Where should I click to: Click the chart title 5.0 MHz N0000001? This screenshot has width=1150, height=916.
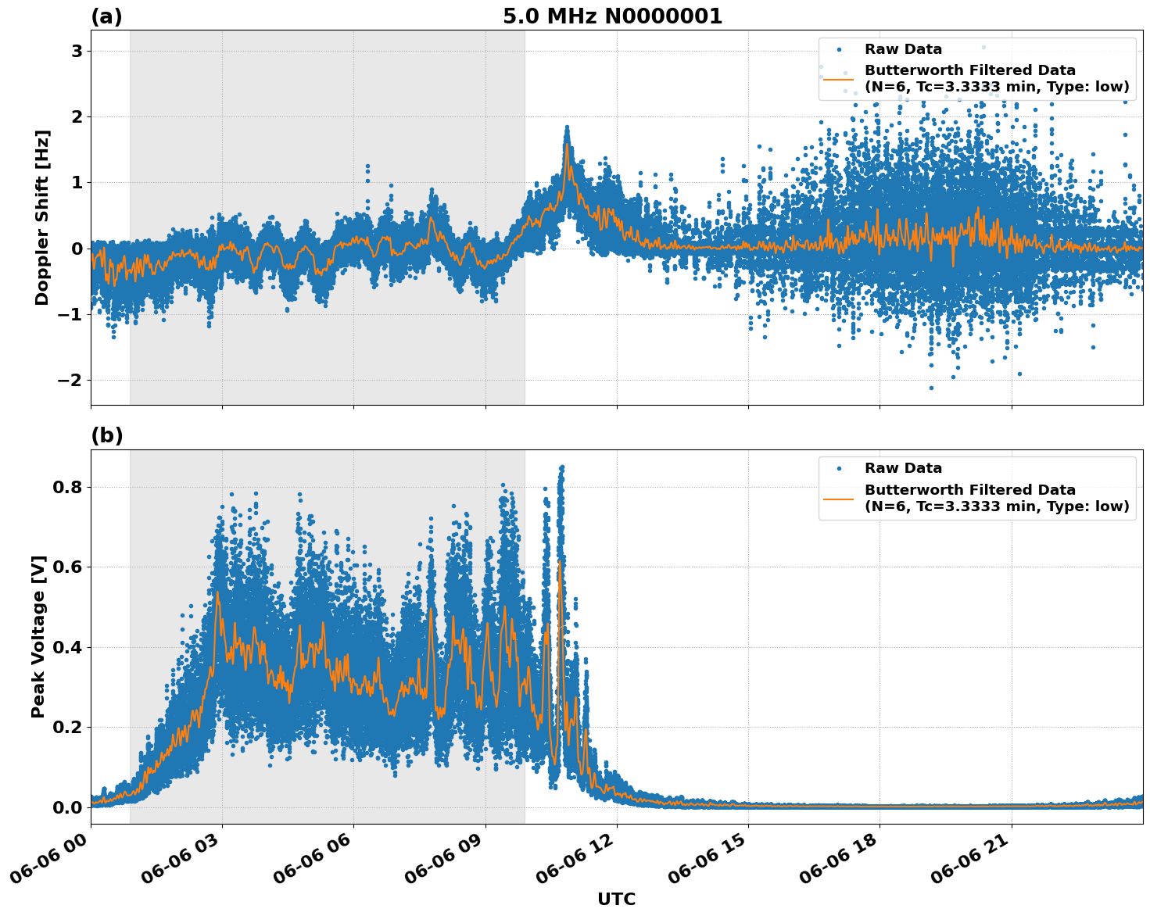pos(612,16)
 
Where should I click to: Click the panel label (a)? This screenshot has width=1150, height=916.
pos(106,16)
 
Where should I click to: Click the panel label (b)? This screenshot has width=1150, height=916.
pos(106,435)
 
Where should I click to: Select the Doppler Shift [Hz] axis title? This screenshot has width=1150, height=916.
pos(42,217)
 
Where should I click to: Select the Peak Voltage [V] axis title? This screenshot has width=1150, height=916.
pos(38,636)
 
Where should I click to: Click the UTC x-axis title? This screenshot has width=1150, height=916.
pos(616,899)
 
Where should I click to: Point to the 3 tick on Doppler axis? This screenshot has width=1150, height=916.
pos(77,51)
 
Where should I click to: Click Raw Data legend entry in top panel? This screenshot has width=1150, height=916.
pos(903,49)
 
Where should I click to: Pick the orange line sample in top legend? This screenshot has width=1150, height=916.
pos(838,78)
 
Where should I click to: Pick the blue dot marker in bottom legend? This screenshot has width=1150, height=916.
pos(838,468)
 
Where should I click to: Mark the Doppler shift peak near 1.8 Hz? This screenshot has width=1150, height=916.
pos(567,127)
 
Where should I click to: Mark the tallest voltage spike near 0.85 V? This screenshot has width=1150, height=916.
pos(561,467)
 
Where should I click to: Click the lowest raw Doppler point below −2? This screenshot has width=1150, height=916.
pos(931,388)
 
